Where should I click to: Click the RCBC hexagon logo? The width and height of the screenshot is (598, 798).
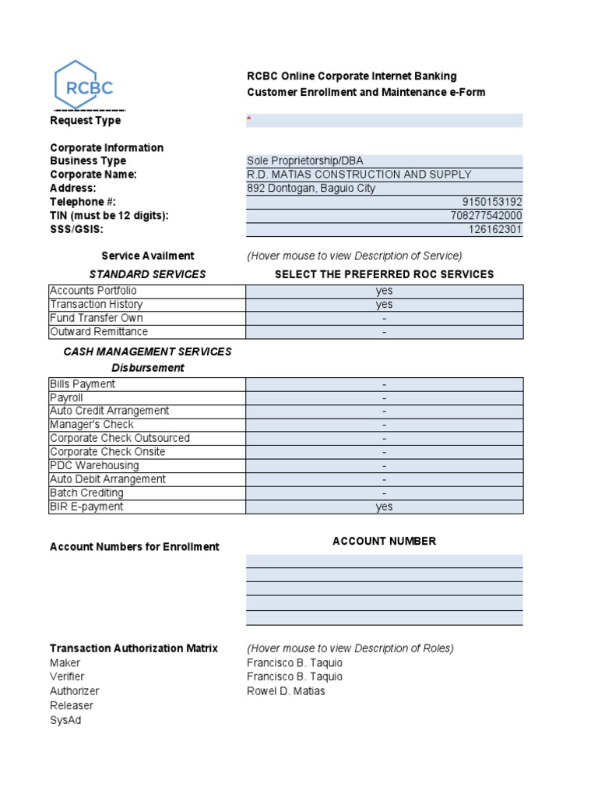(83, 86)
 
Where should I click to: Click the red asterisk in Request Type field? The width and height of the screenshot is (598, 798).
(249, 119)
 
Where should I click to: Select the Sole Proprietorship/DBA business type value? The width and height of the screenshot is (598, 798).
(304, 161)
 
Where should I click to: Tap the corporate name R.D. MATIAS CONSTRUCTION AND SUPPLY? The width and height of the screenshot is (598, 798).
(359, 175)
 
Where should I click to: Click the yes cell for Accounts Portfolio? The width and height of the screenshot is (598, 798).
(384, 291)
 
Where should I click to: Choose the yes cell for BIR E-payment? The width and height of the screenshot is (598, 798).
(384, 507)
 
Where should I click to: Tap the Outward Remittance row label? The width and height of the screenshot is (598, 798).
(98, 332)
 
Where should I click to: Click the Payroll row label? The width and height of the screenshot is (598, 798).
(66, 397)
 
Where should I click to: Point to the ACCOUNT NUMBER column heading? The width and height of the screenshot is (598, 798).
(384, 541)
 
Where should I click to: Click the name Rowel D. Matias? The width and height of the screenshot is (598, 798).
(286, 691)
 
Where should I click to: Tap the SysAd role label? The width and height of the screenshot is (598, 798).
(65, 720)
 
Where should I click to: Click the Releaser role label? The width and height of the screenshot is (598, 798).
(71, 705)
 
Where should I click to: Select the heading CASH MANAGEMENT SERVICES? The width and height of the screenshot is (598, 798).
(147, 351)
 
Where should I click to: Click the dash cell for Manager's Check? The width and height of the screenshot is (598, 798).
(384, 425)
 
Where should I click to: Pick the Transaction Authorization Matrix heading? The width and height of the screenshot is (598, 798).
(134, 648)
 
